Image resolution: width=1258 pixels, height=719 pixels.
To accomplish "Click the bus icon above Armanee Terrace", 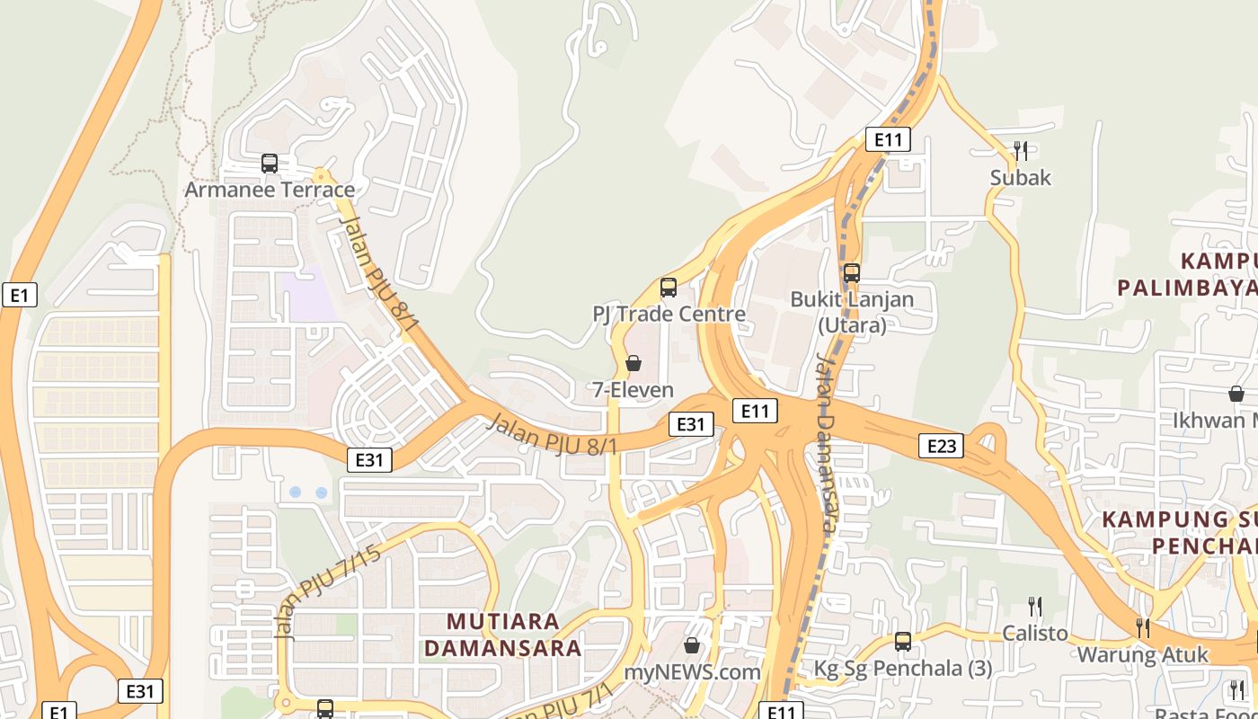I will click(270, 164).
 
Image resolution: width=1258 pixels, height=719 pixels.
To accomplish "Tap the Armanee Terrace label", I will click(270, 190).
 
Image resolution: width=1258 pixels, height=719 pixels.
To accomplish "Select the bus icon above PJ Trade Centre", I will click(669, 288).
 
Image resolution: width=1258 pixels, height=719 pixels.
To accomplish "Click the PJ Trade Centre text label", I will click(669, 314).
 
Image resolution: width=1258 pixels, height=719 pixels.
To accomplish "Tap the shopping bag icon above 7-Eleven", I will click(633, 363).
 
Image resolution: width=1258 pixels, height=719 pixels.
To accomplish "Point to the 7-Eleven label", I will click(633, 389).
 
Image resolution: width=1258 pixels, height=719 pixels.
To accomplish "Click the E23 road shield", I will click(941, 445).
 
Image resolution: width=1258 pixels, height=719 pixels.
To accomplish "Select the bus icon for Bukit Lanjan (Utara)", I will click(851, 272).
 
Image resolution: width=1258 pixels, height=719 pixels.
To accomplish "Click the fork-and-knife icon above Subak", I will click(1020, 150).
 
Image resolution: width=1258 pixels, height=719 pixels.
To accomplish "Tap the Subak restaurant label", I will click(1020, 177).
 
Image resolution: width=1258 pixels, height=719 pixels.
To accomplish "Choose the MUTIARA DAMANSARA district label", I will click(503, 635).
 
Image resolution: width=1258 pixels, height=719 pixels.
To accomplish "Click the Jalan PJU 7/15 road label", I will click(327, 591).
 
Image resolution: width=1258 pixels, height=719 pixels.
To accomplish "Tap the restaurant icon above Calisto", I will click(1035, 607).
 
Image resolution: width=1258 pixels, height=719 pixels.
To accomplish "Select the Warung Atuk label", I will click(1142, 654).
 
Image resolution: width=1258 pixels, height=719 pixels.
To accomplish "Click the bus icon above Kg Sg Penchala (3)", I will click(903, 642).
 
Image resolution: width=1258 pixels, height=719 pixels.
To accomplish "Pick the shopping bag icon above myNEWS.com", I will click(692, 645).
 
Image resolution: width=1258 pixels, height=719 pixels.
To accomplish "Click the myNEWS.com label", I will click(692, 671).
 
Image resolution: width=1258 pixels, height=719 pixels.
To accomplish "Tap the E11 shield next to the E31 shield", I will click(754, 412).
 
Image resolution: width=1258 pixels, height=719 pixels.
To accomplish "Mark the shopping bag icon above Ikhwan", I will click(1236, 394).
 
